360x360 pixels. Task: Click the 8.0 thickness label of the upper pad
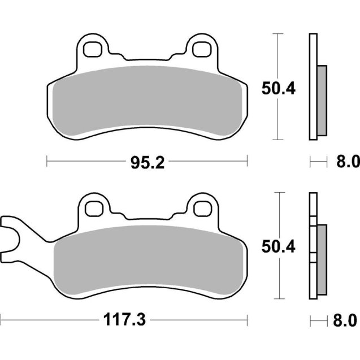tap(348, 163)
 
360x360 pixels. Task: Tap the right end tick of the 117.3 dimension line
tap(247, 320)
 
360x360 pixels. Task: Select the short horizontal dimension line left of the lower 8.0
tap(319, 320)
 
